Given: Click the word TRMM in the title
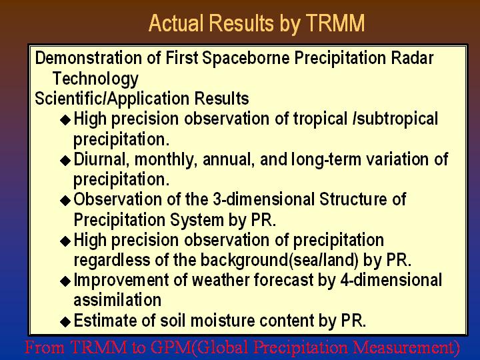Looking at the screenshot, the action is [335, 23].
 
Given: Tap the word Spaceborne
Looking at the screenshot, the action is [246, 58].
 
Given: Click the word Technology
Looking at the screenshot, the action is [95, 79].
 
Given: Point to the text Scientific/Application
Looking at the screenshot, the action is [112, 99].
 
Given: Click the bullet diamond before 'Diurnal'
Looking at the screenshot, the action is [65, 160].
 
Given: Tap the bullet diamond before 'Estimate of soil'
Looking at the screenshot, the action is [65, 321].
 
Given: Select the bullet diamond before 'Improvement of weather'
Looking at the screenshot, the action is [65, 281].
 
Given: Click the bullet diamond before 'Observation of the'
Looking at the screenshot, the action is [65, 201].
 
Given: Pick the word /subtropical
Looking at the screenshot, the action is [395, 119].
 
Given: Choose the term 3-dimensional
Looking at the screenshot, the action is [263, 199].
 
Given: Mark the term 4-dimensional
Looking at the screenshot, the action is [391, 280].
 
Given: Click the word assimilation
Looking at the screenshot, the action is [117, 300].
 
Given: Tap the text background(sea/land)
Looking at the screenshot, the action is [279, 260].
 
